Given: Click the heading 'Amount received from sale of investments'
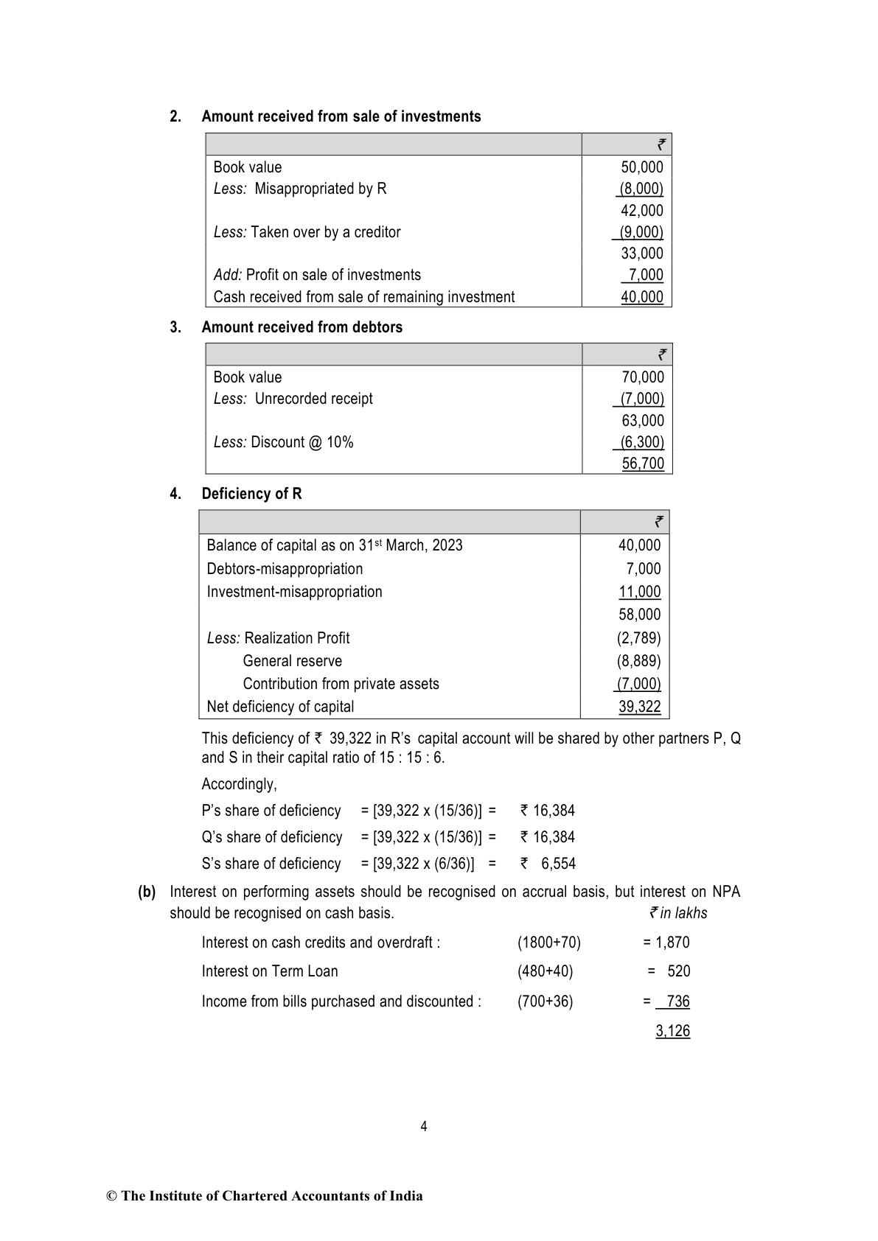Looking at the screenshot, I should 341,116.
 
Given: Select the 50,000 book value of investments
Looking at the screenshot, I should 641,167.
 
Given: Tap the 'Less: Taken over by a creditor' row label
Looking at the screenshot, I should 307,232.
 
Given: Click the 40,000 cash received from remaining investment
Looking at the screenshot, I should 641,297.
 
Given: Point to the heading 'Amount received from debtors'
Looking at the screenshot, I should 302,327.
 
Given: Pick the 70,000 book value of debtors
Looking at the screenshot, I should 642,377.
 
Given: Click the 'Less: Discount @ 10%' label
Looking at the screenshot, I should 283,442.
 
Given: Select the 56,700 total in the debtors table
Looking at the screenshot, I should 642,464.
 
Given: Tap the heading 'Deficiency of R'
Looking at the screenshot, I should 251,494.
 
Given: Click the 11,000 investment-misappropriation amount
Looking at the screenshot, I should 639,592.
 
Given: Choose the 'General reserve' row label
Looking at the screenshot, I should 292,661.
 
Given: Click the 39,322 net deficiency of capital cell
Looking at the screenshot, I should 639,707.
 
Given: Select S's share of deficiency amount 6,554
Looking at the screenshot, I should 557,864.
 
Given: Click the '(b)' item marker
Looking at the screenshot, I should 147,892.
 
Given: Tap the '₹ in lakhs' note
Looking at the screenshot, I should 677,913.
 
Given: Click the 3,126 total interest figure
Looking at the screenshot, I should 672,1031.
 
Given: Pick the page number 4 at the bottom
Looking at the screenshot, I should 423,1126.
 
